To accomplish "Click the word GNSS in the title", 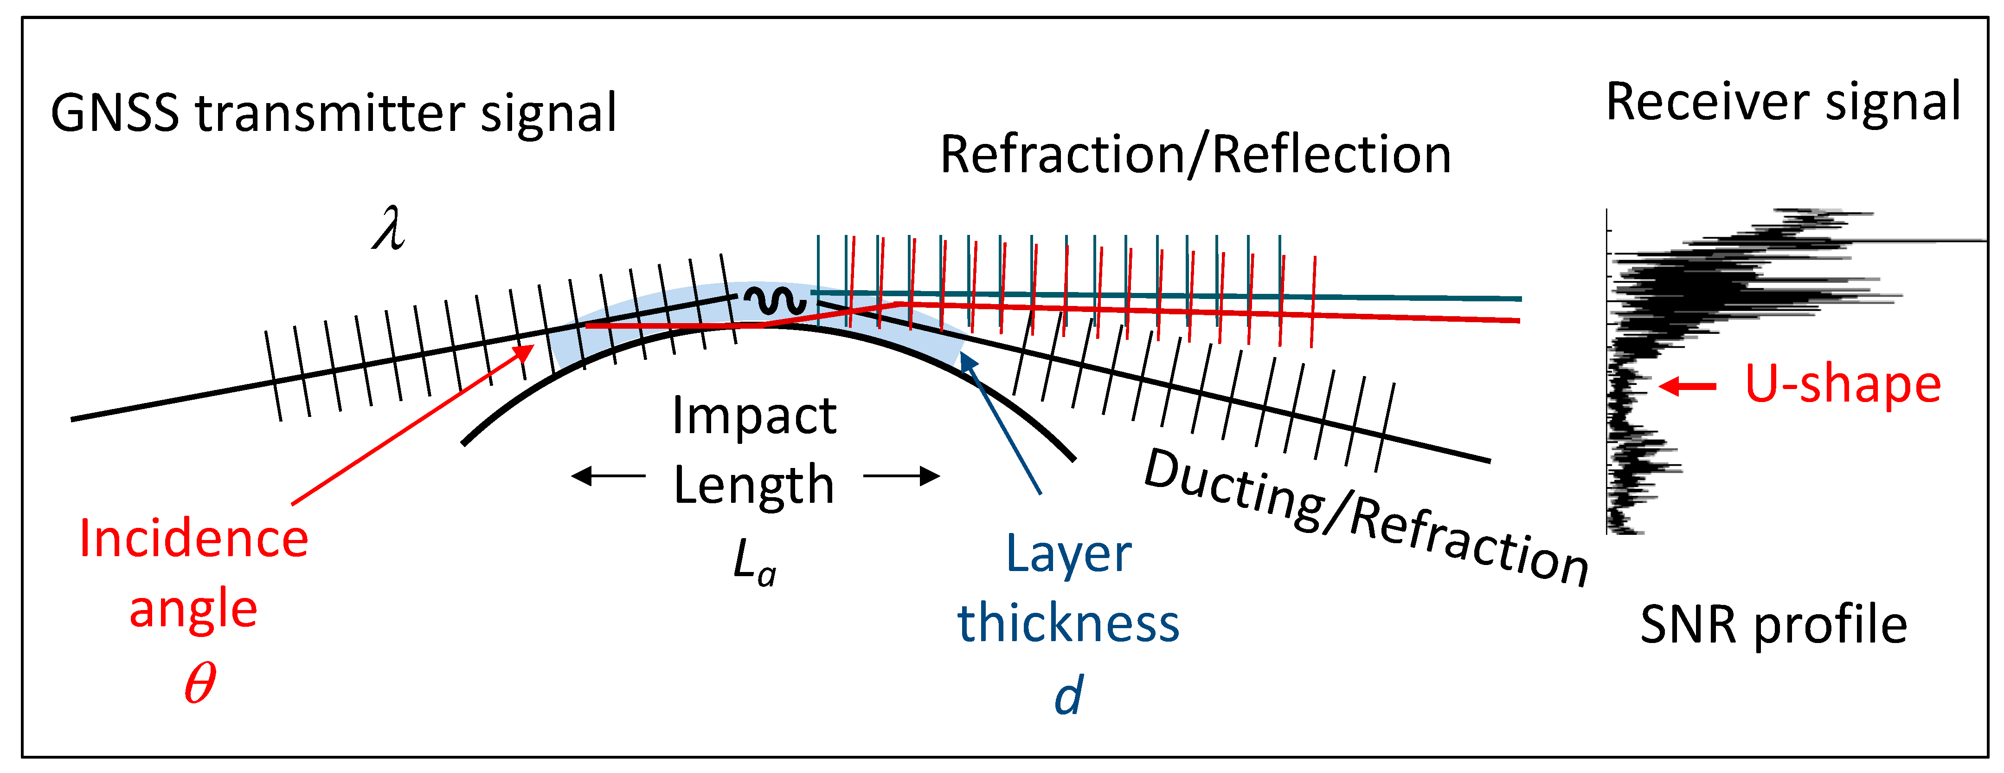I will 115,114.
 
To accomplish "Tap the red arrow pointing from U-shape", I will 1687,385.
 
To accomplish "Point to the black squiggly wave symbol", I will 775,300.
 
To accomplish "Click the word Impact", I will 754,416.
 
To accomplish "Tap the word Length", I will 754,485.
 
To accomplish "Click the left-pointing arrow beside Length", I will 608,475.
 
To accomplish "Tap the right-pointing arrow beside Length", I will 902,475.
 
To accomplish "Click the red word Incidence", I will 194,539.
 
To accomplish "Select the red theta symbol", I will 199,683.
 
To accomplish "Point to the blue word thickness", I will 1068,624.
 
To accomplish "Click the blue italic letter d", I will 1068,695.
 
